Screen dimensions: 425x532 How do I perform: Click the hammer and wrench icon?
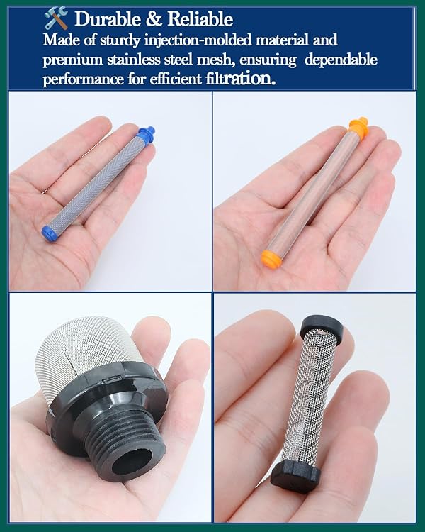tap(56, 18)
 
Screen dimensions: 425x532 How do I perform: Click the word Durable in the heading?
tap(108, 18)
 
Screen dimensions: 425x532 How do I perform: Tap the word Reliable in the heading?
tap(200, 18)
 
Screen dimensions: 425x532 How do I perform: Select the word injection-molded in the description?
tap(198, 40)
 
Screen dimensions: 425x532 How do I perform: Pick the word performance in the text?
tap(83, 79)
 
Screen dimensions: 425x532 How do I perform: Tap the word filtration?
tap(240, 78)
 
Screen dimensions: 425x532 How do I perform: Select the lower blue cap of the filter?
tap(50, 233)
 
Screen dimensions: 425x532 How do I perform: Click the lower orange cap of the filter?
tap(271, 259)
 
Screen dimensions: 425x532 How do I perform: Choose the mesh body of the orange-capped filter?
tap(310, 194)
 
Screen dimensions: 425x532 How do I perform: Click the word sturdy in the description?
tap(120, 40)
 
